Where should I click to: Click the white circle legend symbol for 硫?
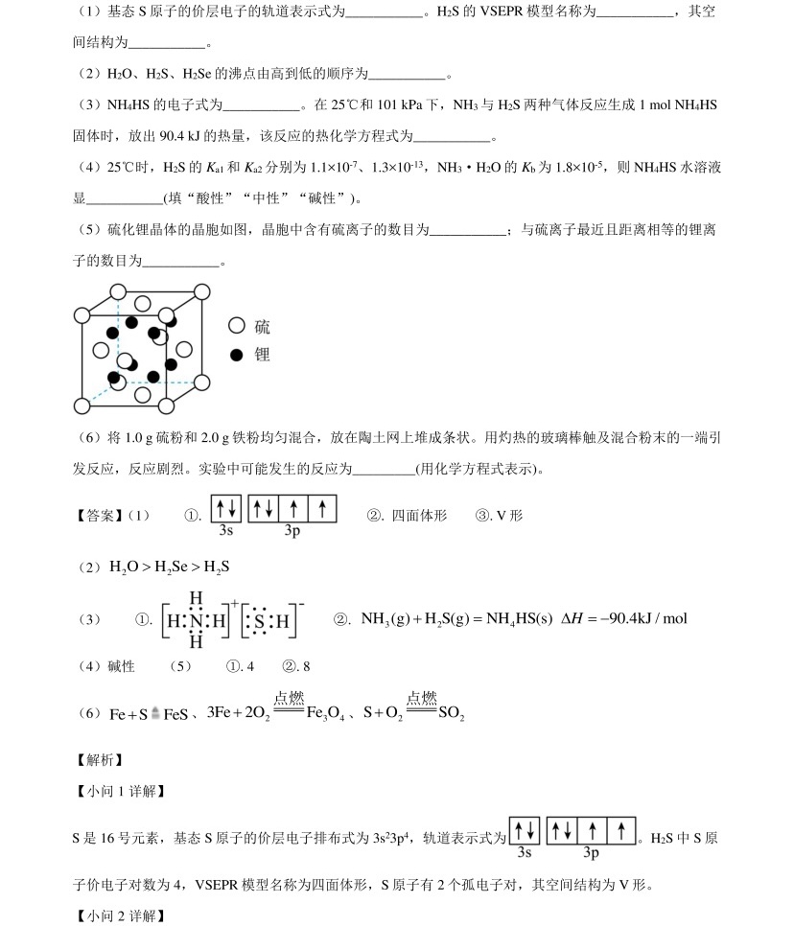(x=237, y=327)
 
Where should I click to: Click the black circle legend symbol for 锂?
(x=237, y=355)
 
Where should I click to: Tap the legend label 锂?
(x=262, y=355)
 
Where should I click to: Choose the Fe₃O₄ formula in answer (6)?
(x=324, y=714)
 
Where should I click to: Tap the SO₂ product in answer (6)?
(x=451, y=714)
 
